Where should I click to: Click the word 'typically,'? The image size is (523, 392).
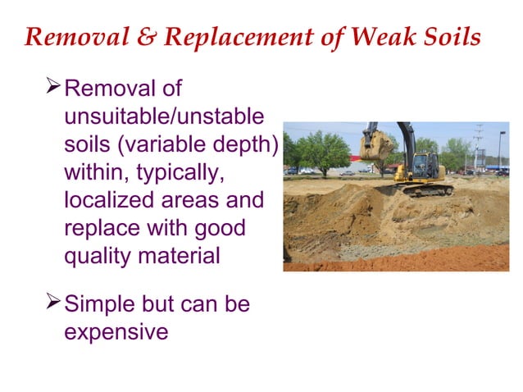click(x=179, y=172)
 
